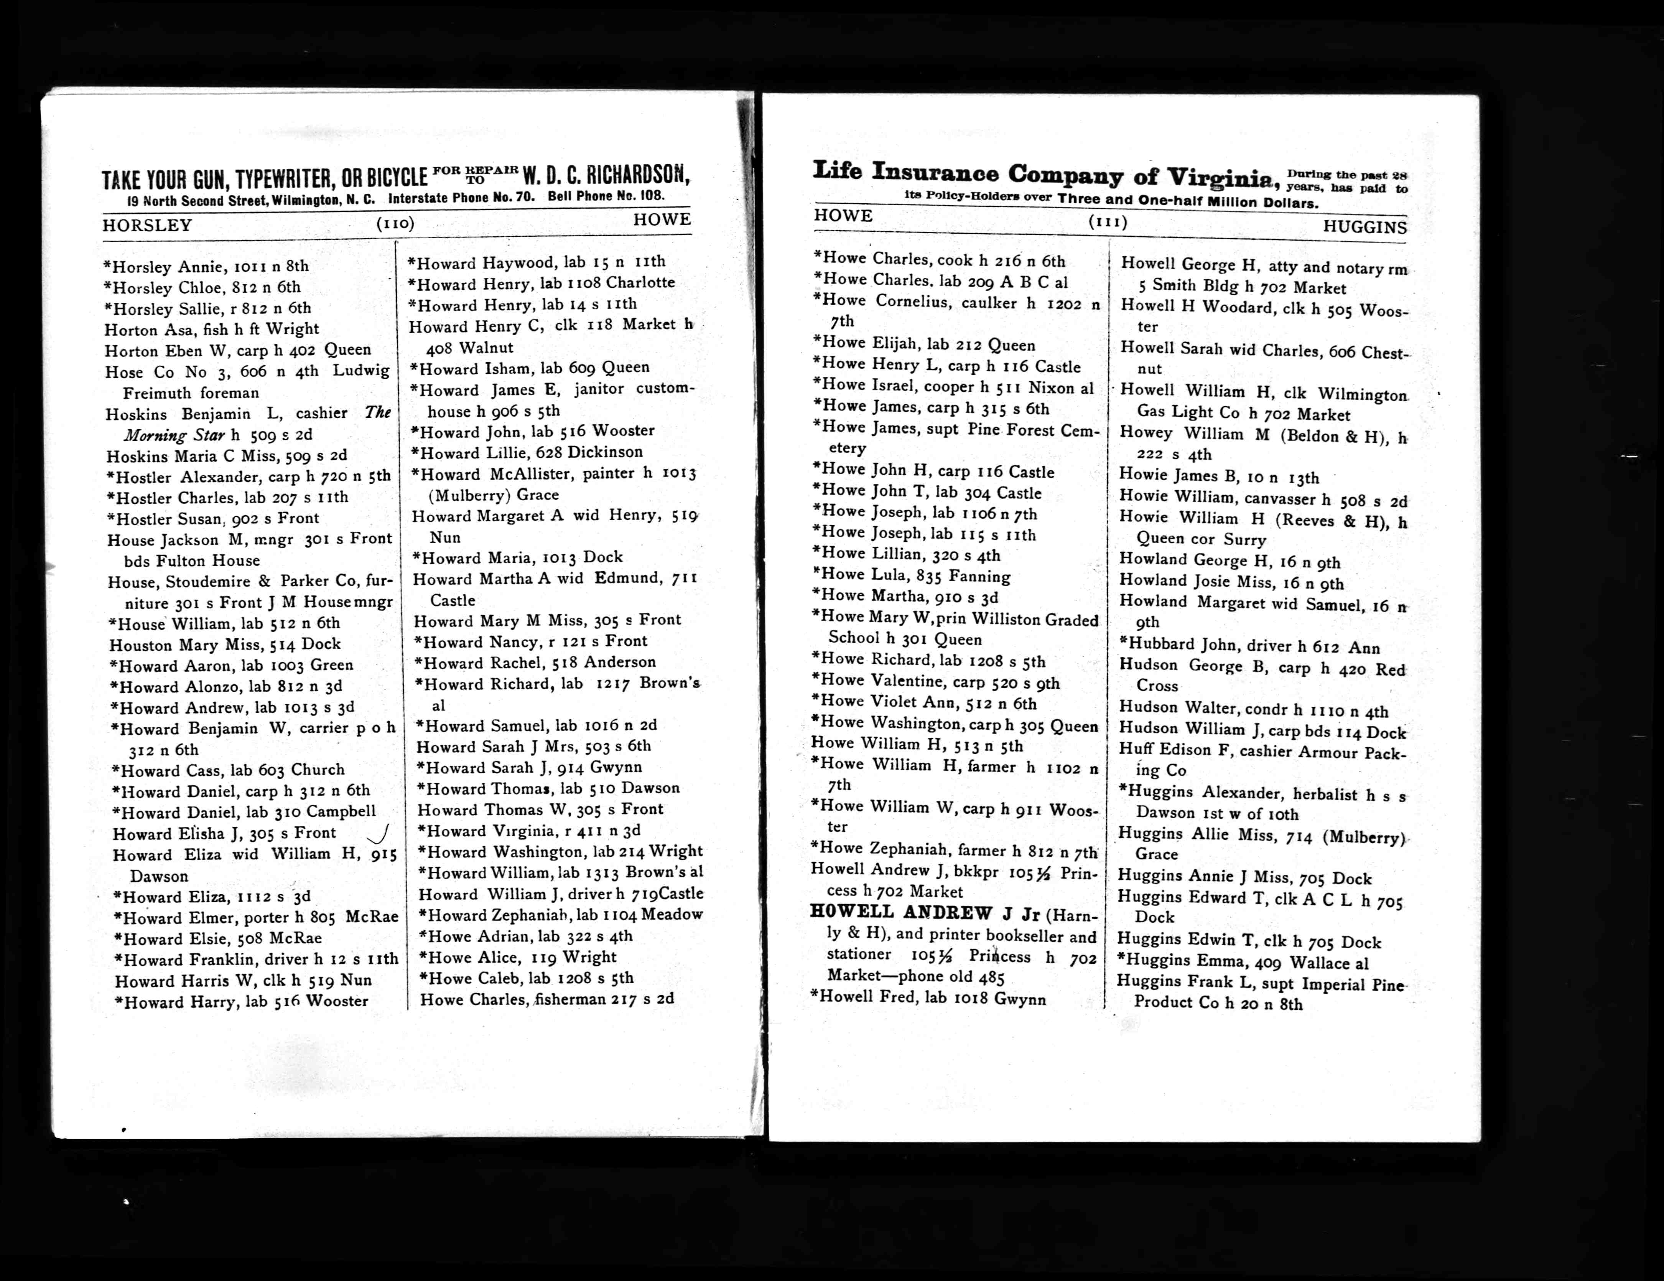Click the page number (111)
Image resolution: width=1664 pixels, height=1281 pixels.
1107,222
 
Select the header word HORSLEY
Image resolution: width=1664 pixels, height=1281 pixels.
147,226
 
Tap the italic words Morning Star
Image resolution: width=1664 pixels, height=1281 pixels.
175,435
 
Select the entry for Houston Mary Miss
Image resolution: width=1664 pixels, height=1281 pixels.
225,645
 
